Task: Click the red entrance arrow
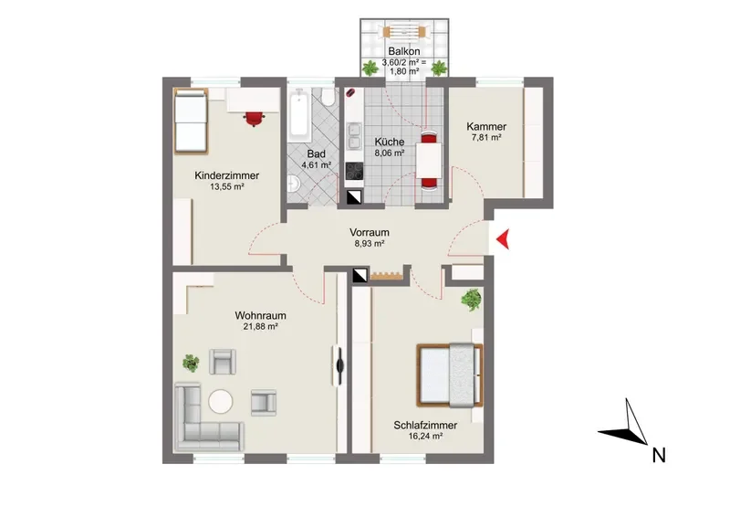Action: point(503,239)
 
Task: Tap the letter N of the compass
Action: point(659,455)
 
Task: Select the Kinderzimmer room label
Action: point(226,175)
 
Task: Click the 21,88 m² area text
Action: point(260,327)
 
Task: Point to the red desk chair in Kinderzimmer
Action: point(254,119)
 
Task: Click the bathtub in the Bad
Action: point(299,116)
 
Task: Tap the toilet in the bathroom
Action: point(329,97)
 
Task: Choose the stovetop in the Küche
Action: point(354,171)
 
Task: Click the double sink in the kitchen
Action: point(354,135)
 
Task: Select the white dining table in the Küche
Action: point(429,161)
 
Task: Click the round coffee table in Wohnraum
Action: point(220,401)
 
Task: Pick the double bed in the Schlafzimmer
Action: point(450,375)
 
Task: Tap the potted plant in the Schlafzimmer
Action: point(471,300)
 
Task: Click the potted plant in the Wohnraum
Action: point(191,363)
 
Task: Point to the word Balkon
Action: point(404,51)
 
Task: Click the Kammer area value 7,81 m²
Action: point(486,138)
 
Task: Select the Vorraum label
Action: point(370,232)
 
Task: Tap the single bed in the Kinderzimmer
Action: point(191,121)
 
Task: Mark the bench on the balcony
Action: point(404,32)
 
